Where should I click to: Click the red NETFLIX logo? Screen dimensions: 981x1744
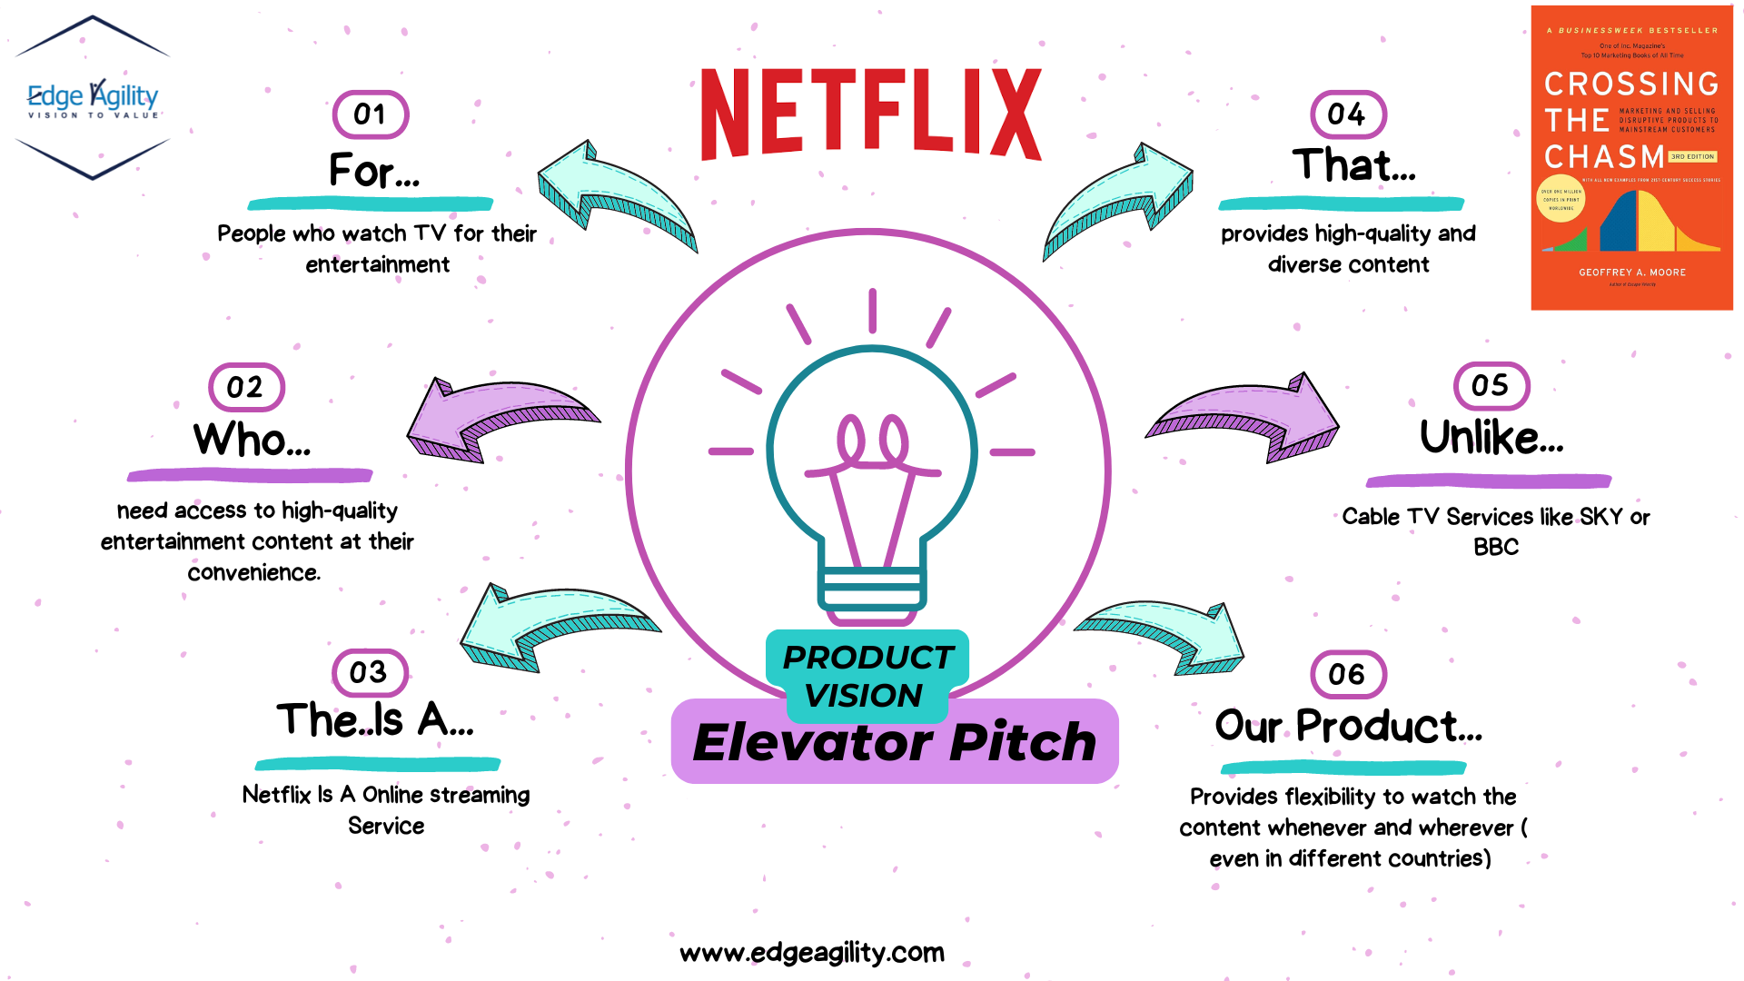pyautogui.click(x=870, y=115)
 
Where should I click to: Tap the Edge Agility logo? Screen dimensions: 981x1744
pyautogui.click(x=93, y=98)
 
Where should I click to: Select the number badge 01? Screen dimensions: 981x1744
pyautogui.click(x=370, y=114)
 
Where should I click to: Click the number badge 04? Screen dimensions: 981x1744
pyautogui.click(x=1348, y=114)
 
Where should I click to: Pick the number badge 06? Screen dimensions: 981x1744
pyautogui.click(x=1348, y=674)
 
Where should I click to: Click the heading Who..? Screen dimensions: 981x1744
pyautogui.click(x=252, y=440)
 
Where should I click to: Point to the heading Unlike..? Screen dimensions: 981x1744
pyautogui.click(x=1491, y=438)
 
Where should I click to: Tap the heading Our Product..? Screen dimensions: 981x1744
pyautogui.click(x=1348, y=726)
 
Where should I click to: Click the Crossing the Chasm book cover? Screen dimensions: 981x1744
pyautogui.click(x=1631, y=158)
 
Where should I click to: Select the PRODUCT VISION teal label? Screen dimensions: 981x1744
pyautogui.click(x=867, y=675)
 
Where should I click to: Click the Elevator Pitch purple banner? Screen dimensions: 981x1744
pyautogui.click(x=895, y=743)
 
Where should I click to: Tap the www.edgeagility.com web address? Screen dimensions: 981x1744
pyautogui.click(x=812, y=952)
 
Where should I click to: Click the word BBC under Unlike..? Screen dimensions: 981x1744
pyautogui.click(x=1495, y=548)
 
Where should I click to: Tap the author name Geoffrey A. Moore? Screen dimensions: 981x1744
pyautogui.click(x=1631, y=272)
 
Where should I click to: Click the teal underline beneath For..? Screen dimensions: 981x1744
pyautogui.click(x=370, y=203)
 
